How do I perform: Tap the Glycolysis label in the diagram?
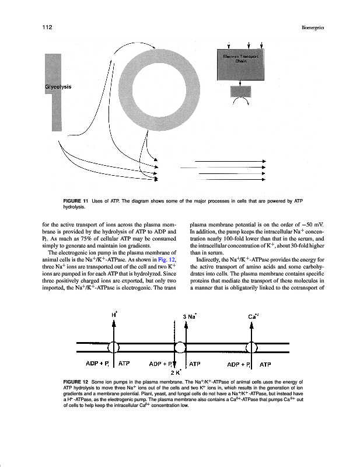pyautogui.click(x=58, y=87)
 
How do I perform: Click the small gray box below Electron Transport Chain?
pyautogui.click(x=240, y=90)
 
